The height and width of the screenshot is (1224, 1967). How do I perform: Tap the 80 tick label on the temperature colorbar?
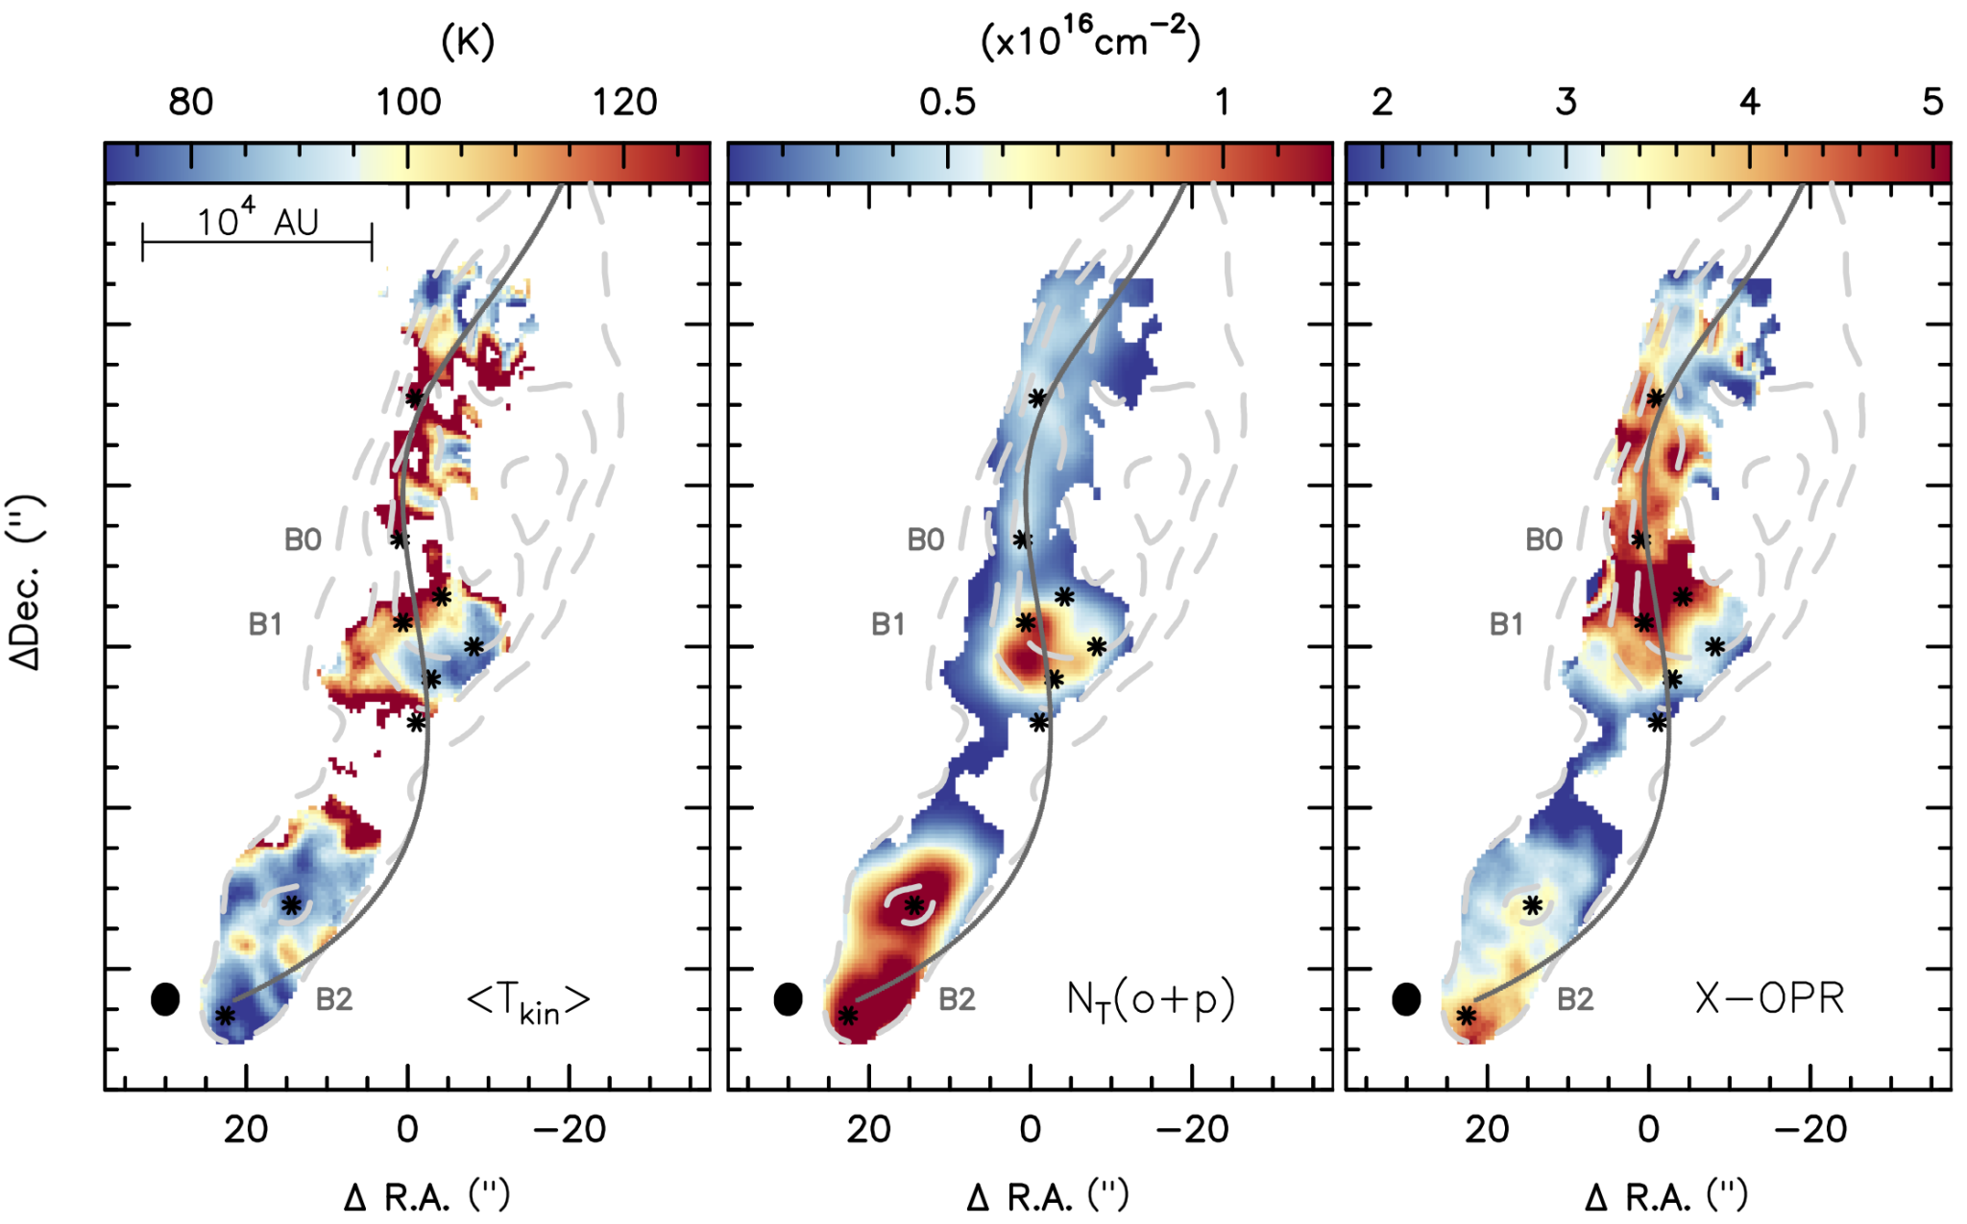pos(190,102)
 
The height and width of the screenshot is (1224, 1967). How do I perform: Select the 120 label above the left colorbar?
pos(624,102)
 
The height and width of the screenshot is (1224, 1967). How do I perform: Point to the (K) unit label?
pos(468,41)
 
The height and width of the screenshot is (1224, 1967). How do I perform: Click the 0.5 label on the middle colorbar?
pos(947,102)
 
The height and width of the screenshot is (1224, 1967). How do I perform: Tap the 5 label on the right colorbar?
pos(1932,102)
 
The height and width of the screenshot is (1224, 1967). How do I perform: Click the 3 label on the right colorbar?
pos(1566,102)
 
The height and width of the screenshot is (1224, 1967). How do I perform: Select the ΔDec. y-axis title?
pos(27,583)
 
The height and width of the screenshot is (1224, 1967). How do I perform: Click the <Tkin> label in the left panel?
pos(528,1002)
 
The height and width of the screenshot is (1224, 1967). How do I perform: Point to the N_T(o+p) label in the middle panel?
pos(1151,1000)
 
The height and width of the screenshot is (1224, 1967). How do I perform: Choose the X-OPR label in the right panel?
pos(1769,998)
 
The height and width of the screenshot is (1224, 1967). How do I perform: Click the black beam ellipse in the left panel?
pos(165,999)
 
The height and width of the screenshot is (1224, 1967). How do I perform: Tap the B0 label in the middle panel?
pos(926,540)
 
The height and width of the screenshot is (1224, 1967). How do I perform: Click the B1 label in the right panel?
pos(1506,624)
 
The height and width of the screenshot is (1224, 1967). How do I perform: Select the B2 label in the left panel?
pos(334,999)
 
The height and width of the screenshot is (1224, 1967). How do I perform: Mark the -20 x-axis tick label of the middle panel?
pos(1192,1130)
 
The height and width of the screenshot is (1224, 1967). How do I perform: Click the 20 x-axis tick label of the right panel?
pos(1487,1130)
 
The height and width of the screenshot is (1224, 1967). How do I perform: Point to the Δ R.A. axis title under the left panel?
pos(426,1196)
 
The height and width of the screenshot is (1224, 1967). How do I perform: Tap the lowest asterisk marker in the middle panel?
pos(847,1015)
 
